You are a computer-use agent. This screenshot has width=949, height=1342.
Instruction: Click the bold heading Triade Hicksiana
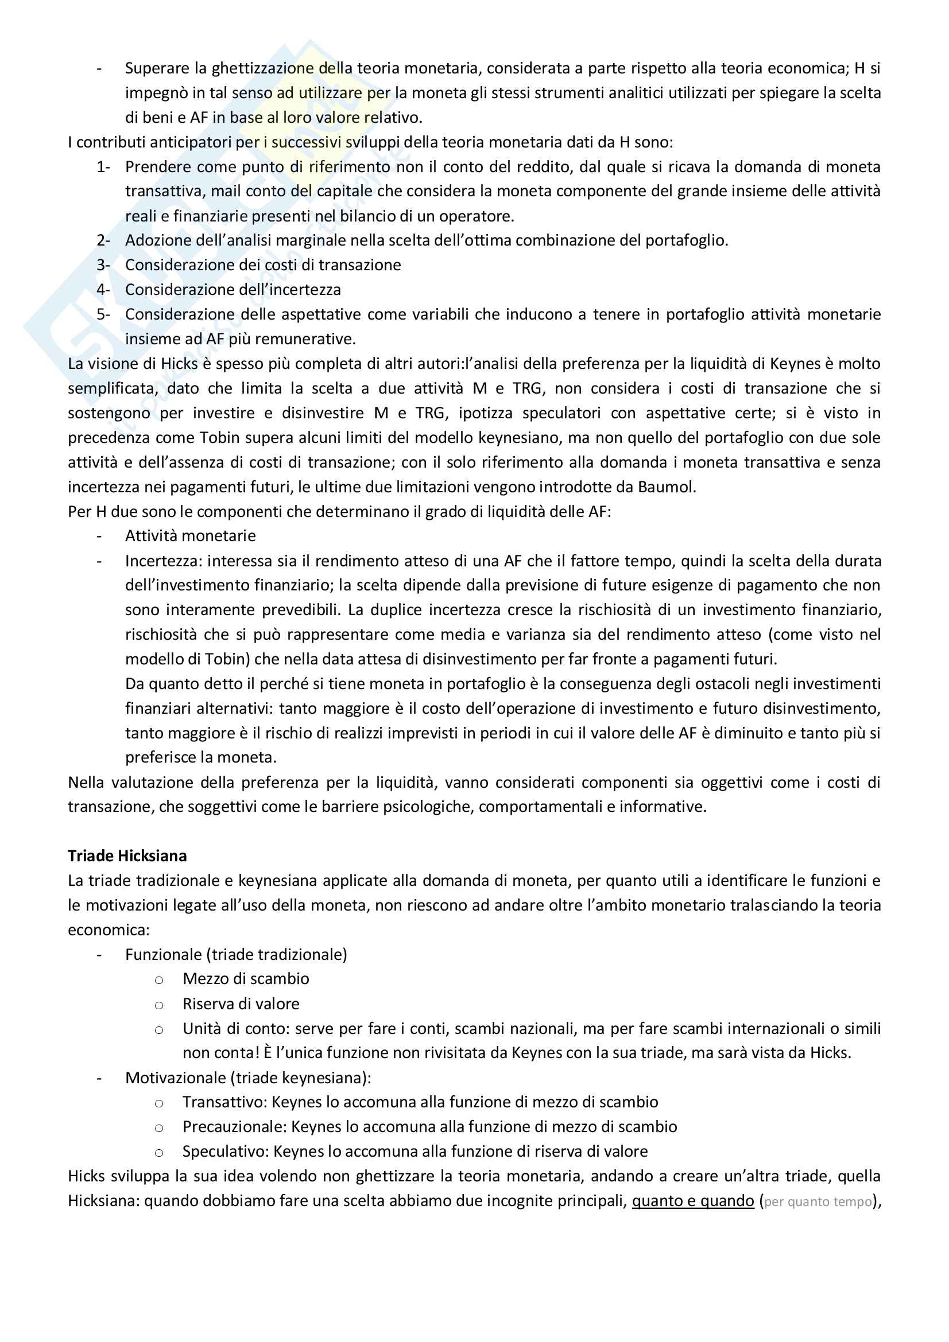[x=127, y=855]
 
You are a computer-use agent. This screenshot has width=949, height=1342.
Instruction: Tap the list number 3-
[x=103, y=266]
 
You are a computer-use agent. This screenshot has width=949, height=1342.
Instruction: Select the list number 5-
[x=103, y=314]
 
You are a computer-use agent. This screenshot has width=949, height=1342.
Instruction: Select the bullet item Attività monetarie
[x=190, y=536]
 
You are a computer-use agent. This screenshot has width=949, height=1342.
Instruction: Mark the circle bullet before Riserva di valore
[x=158, y=1005]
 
